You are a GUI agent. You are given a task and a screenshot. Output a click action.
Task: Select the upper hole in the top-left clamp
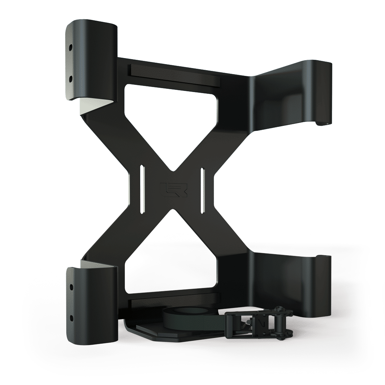click(x=71, y=47)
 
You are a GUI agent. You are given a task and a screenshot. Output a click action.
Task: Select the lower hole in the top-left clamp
click(x=71, y=77)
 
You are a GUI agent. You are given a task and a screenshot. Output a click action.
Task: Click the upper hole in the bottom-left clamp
click(x=71, y=286)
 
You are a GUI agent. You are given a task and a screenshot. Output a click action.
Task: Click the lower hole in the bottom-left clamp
click(x=71, y=317)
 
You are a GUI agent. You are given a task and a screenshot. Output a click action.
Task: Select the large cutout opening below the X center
click(x=171, y=260)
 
